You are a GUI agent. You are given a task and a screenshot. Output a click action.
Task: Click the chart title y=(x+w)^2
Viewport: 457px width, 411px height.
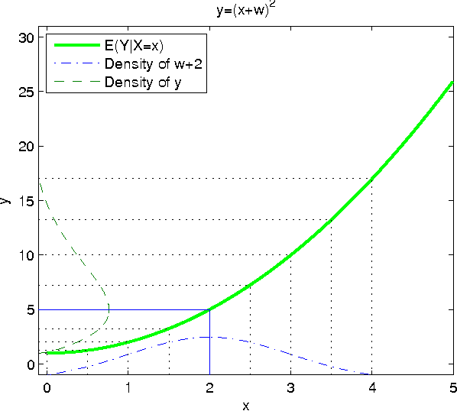(245, 10)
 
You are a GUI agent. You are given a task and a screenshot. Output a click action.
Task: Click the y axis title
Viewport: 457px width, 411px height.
(7, 201)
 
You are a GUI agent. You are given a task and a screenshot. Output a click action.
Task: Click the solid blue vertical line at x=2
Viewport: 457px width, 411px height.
(209, 344)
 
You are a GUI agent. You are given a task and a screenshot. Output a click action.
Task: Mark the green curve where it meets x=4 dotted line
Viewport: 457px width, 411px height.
(371, 179)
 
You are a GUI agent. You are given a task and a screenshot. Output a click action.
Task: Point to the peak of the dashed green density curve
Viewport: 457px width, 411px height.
(109, 308)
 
